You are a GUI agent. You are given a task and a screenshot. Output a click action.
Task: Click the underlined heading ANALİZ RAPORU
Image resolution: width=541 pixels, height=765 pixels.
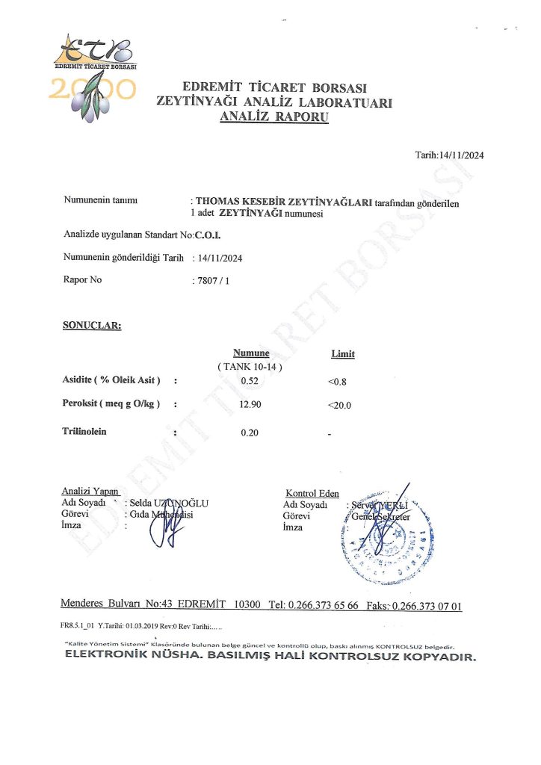[273, 117]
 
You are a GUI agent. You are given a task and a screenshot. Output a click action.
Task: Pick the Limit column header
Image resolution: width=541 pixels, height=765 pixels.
[343, 353]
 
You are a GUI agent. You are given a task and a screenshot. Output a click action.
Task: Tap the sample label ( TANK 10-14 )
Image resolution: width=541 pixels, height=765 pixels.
[250, 367]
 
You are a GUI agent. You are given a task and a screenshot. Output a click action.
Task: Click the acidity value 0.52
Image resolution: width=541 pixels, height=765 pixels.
[250, 381]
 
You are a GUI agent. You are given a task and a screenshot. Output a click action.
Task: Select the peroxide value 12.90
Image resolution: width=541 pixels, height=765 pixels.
[250, 405]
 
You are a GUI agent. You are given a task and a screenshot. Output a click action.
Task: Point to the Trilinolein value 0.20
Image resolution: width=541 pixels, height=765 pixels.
[250, 433]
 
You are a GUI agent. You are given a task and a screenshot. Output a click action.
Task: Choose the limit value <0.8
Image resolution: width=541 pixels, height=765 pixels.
[338, 382]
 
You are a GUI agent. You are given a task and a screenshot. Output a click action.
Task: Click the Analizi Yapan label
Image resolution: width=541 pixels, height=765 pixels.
[90, 492]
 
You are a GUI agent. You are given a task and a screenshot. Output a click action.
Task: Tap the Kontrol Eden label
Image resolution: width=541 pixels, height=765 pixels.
[312, 493]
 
